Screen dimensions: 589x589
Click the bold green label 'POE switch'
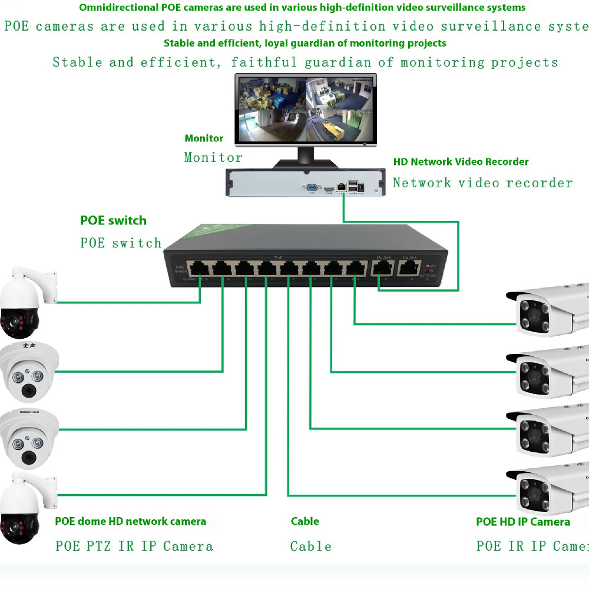click(113, 221)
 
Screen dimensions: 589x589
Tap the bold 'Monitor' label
click(204, 138)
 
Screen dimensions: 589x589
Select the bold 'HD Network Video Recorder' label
click(461, 161)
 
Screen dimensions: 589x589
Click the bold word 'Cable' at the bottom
click(305, 521)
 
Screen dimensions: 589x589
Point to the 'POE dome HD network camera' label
click(130, 521)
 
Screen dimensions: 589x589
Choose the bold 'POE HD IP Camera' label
click(522, 522)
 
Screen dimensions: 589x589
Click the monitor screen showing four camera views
click(306, 110)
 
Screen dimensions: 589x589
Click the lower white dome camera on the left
click(28, 439)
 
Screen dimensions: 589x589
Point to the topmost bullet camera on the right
click(545, 312)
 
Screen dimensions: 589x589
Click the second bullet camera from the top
click(545, 374)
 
